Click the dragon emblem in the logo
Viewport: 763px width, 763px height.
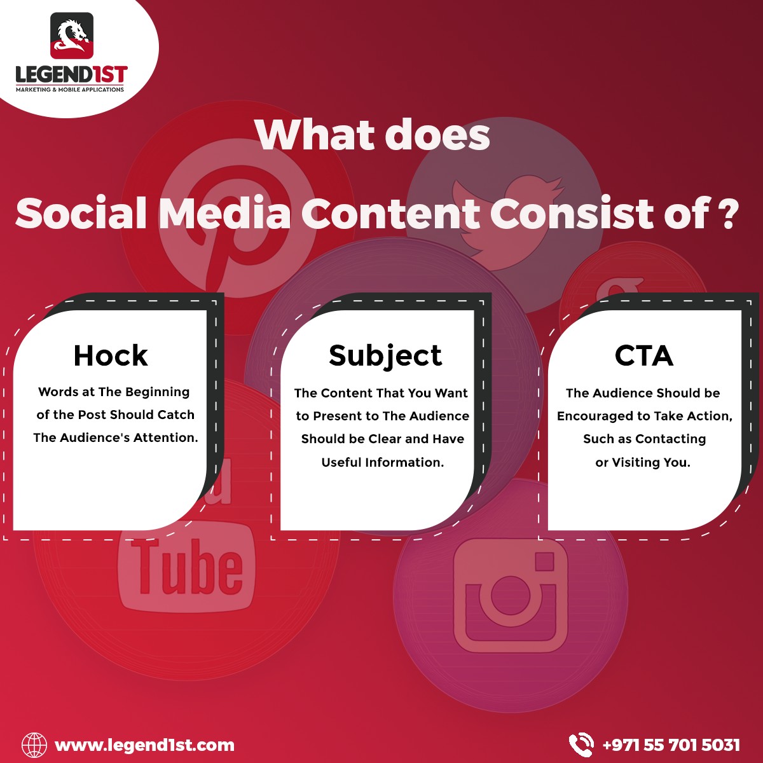click(72, 36)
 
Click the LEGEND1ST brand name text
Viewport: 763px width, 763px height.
click(72, 74)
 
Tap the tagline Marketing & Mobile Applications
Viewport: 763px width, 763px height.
click(70, 90)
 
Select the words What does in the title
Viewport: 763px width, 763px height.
click(373, 135)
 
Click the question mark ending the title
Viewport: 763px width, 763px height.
click(728, 214)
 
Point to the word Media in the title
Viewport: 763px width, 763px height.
click(224, 214)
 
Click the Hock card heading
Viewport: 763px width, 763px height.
click(111, 355)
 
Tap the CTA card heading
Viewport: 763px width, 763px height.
click(644, 355)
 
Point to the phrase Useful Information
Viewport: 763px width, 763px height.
click(383, 462)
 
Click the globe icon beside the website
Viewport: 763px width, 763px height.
click(34, 745)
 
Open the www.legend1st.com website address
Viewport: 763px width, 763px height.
click(144, 745)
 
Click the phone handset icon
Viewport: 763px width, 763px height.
click(581, 745)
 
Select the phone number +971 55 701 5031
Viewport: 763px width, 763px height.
click(671, 745)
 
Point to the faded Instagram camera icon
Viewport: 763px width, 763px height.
click(511, 596)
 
